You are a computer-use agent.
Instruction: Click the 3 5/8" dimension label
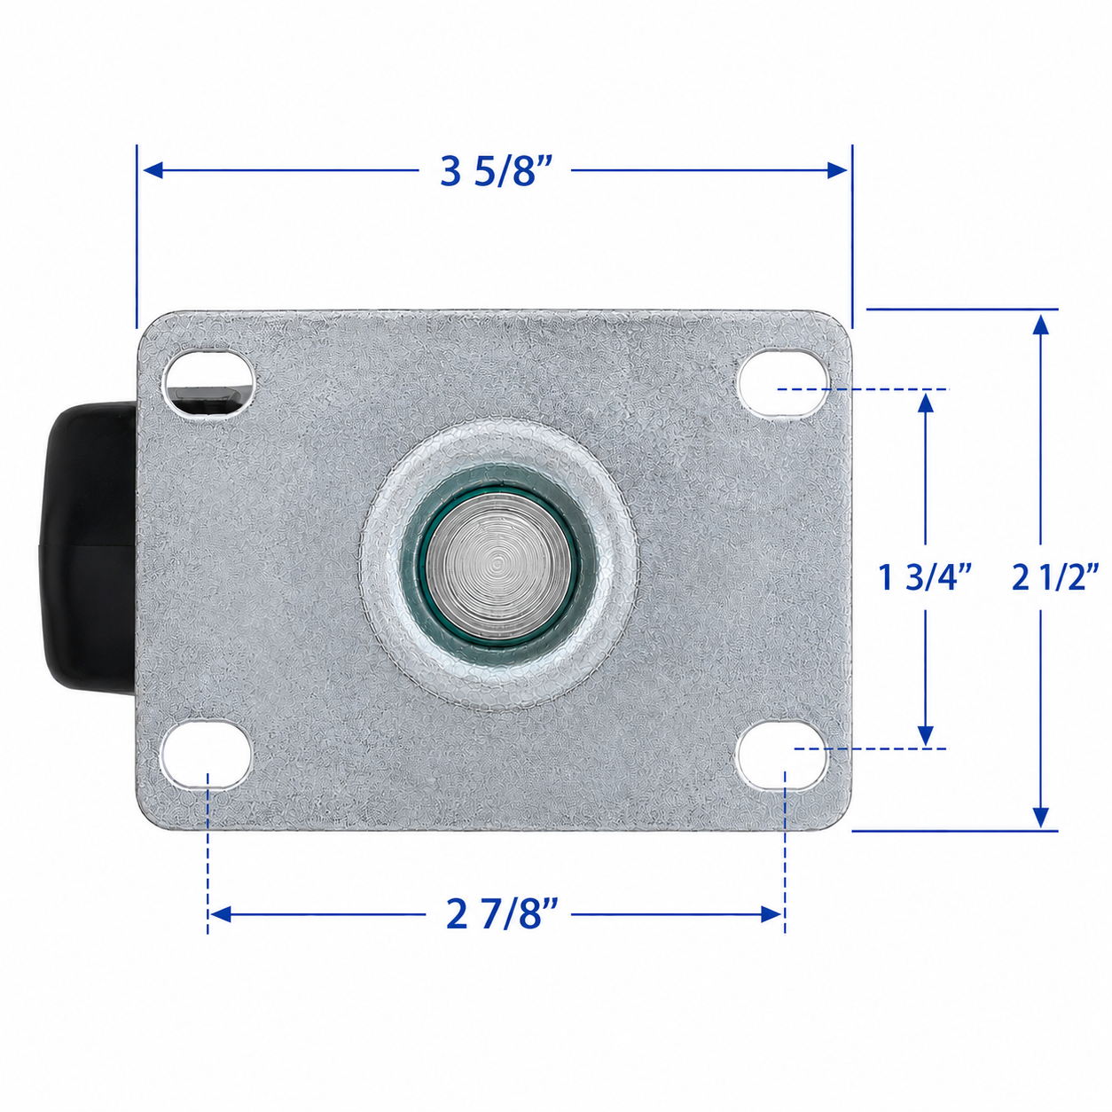[496, 171]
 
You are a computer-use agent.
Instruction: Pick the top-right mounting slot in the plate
[783, 382]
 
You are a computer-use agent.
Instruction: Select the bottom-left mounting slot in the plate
[207, 755]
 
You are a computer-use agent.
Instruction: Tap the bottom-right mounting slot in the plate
[782, 755]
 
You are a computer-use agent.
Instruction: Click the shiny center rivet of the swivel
[499, 561]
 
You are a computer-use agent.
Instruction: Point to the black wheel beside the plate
[89, 548]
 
